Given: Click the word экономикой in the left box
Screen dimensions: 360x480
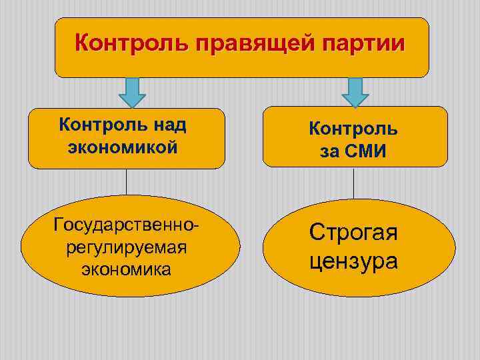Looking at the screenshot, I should [123, 147].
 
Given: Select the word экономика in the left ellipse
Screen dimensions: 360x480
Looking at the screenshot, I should [127, 269].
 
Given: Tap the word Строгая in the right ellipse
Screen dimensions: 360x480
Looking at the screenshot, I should [353, 233].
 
